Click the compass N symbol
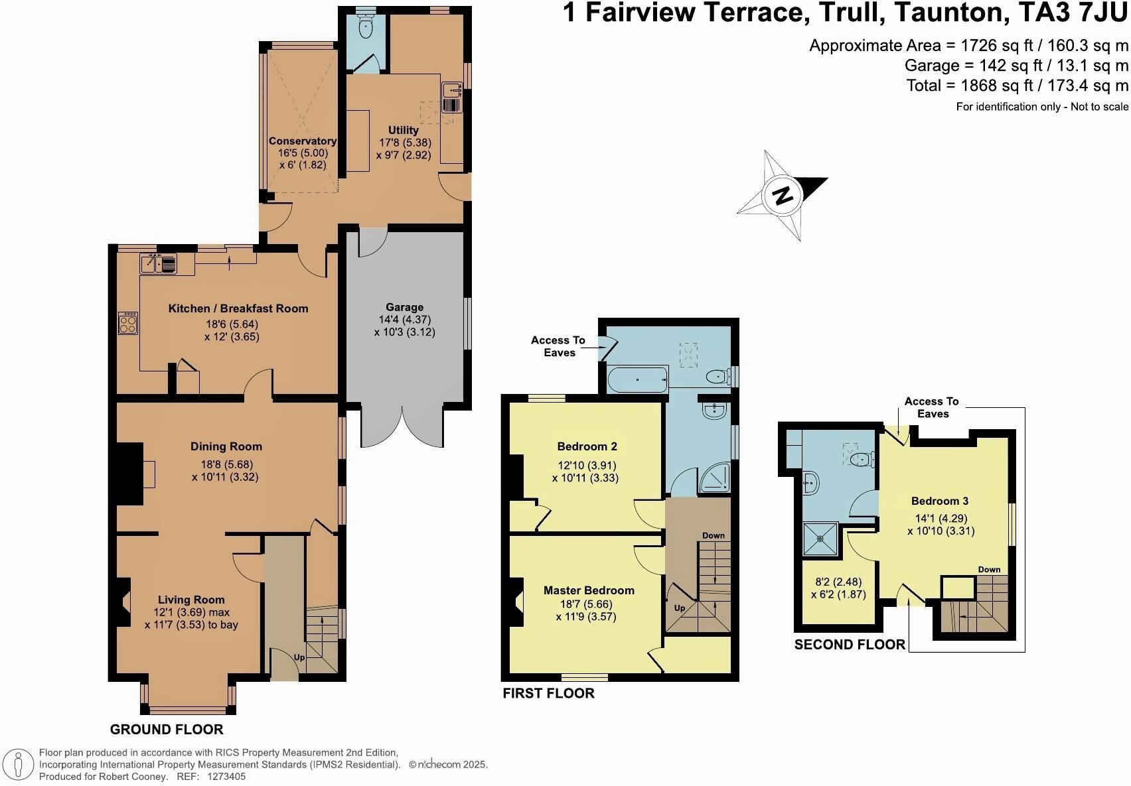(783, 195)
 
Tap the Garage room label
(404, 307)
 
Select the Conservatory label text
(302, 141)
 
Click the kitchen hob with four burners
(127, 323)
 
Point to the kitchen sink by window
(159, 264)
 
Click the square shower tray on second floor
(821, 539)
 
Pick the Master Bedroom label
(589, 590)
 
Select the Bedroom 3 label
(935, 501)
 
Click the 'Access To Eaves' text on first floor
(558, 346)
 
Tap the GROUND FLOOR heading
(167, 730)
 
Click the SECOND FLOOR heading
(850, 645)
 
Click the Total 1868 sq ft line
(1017, 86)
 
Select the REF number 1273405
(226, 776)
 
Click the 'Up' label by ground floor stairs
(299, 657)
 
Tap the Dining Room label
(226, 446)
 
